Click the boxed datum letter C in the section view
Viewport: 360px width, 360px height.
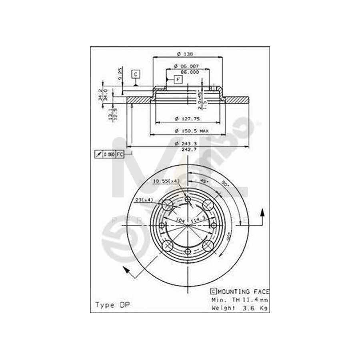pyautogui.click(x=136, y=74)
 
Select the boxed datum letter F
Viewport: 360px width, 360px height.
pyautogui.click(x=178, y=80)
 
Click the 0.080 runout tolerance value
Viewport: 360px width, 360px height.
pyautogui.click(x=109, y=154)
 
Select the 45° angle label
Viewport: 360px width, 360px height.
pyautogui.click(x=202, y=181)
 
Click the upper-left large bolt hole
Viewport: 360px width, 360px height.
pyautogui.click(x=168, y=205)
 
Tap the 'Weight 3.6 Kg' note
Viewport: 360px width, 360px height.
pyautogui.click(x=239, y=308)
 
